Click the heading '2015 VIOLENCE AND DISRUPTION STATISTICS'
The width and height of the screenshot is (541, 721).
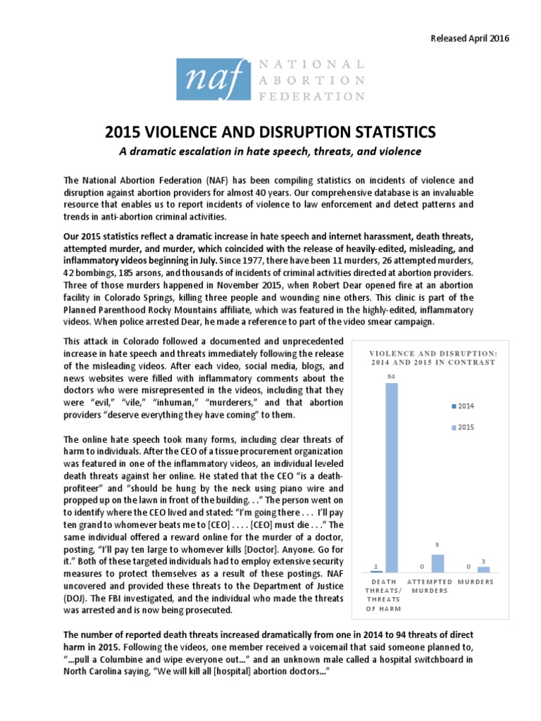[x=270, y=132]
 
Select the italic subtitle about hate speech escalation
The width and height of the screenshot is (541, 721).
[x=270, y=151]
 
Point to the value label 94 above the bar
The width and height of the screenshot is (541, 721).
[x=390, y=377]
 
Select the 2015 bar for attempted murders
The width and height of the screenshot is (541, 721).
[x=437, y=563]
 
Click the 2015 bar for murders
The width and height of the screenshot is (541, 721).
[x=483, y=569]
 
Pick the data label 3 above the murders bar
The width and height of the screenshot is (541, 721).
[x=483, y=560]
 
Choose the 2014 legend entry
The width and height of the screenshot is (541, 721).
[x=464, y=406]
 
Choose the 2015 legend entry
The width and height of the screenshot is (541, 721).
[x=464, y=427]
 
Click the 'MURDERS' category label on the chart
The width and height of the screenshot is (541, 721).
[x=475, y=582]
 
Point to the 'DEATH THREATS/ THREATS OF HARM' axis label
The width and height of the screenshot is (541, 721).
[x=383, y=595]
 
